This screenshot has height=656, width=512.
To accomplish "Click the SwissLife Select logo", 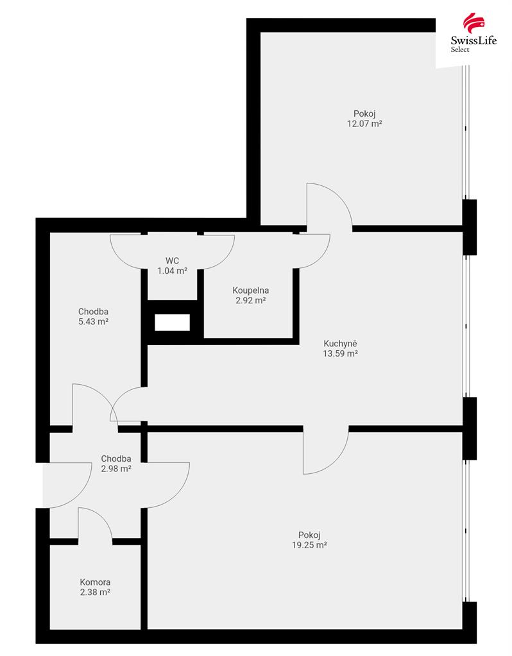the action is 474,33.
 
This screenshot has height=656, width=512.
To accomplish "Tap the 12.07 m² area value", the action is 364,124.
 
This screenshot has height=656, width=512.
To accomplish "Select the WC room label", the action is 172,261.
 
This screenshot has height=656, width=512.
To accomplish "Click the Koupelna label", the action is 250,290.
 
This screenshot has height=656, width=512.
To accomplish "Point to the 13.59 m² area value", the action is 340,353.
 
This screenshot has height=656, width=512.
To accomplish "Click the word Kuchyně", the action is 340,344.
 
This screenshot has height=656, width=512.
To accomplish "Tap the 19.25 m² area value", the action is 309,545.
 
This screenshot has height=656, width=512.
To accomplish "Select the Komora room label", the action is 95,582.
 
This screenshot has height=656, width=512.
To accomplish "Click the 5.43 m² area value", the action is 94,322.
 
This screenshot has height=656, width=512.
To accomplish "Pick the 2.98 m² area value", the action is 116,469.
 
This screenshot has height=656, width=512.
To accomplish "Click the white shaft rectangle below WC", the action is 172,323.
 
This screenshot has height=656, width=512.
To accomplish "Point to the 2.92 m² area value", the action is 250,300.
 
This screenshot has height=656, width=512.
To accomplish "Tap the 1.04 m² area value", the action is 172,271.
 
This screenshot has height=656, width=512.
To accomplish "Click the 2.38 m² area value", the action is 95,593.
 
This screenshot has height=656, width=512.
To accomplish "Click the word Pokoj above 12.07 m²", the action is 364,114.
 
